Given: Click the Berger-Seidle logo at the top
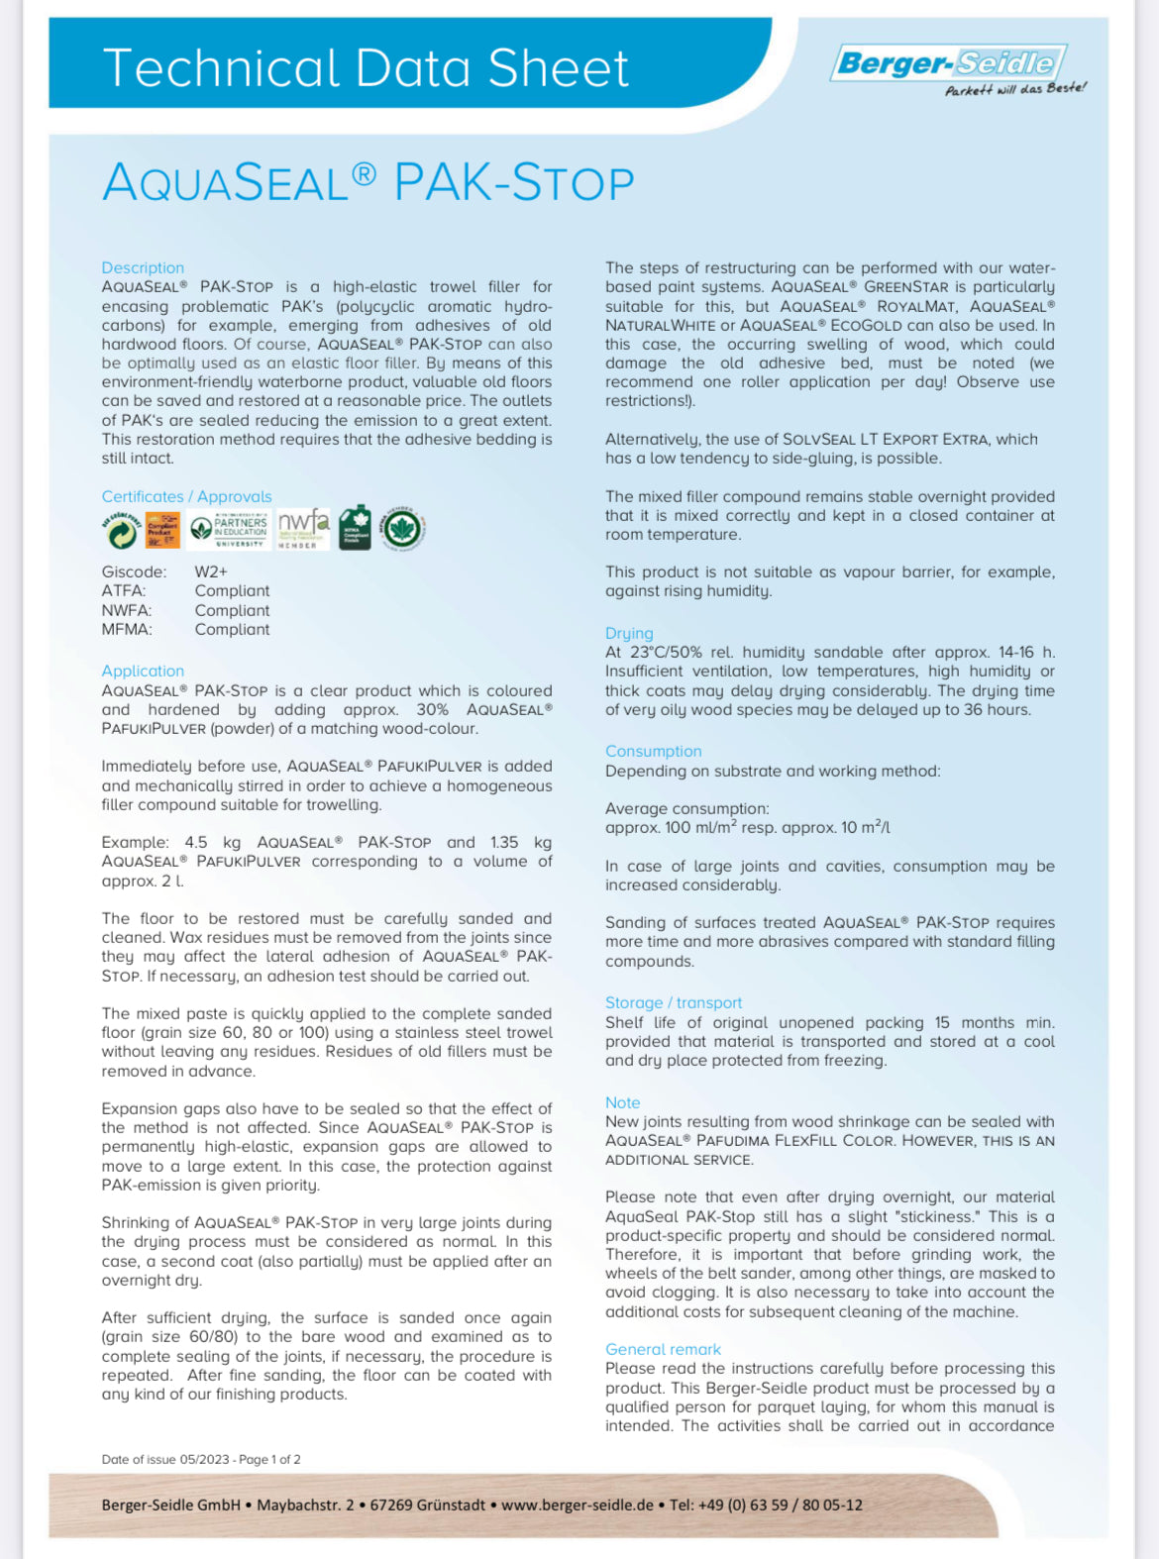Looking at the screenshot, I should tap(948, 63).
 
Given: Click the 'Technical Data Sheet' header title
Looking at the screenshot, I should tap(366, 68).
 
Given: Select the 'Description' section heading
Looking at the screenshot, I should tap(143, 267).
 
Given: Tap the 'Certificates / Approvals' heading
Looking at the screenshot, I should tap(186, 496).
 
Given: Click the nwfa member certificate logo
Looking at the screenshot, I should tap(303, 529).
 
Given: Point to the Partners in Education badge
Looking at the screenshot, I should tap(229, 530).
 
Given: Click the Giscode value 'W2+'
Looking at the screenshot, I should tap(211, 572).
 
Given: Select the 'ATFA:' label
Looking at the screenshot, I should tap(124, 591).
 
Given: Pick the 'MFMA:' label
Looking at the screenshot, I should tap(127, 629).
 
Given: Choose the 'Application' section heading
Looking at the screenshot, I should tap(143, 671).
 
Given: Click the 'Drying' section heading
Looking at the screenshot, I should tap(629, 633).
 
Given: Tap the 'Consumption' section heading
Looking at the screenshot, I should tap(654, 751).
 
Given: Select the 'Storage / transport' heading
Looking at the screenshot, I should tap(674, 1002).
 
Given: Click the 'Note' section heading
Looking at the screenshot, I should tap(623, 1102).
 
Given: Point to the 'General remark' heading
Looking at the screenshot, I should tap(664, 1349).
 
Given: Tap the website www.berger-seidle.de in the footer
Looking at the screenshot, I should tap(578, 1505).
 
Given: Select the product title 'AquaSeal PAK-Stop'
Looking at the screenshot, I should tap(368, 183).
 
